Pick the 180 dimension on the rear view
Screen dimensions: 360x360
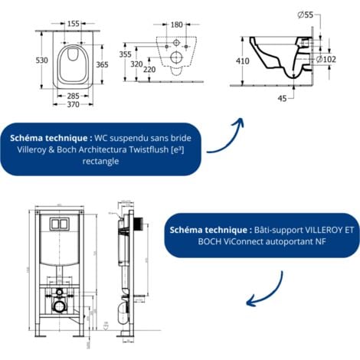click(x=175, y=24)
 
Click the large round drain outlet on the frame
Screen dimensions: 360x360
click(x=58, y=306)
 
